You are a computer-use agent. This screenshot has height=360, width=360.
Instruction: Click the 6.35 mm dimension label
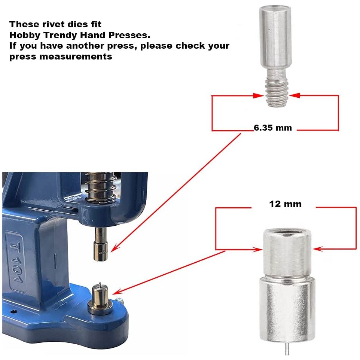(x=272, y=128)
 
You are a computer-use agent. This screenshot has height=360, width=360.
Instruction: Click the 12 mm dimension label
(x=285, y=204)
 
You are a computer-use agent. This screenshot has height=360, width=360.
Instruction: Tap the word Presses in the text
(x=129, y=36)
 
